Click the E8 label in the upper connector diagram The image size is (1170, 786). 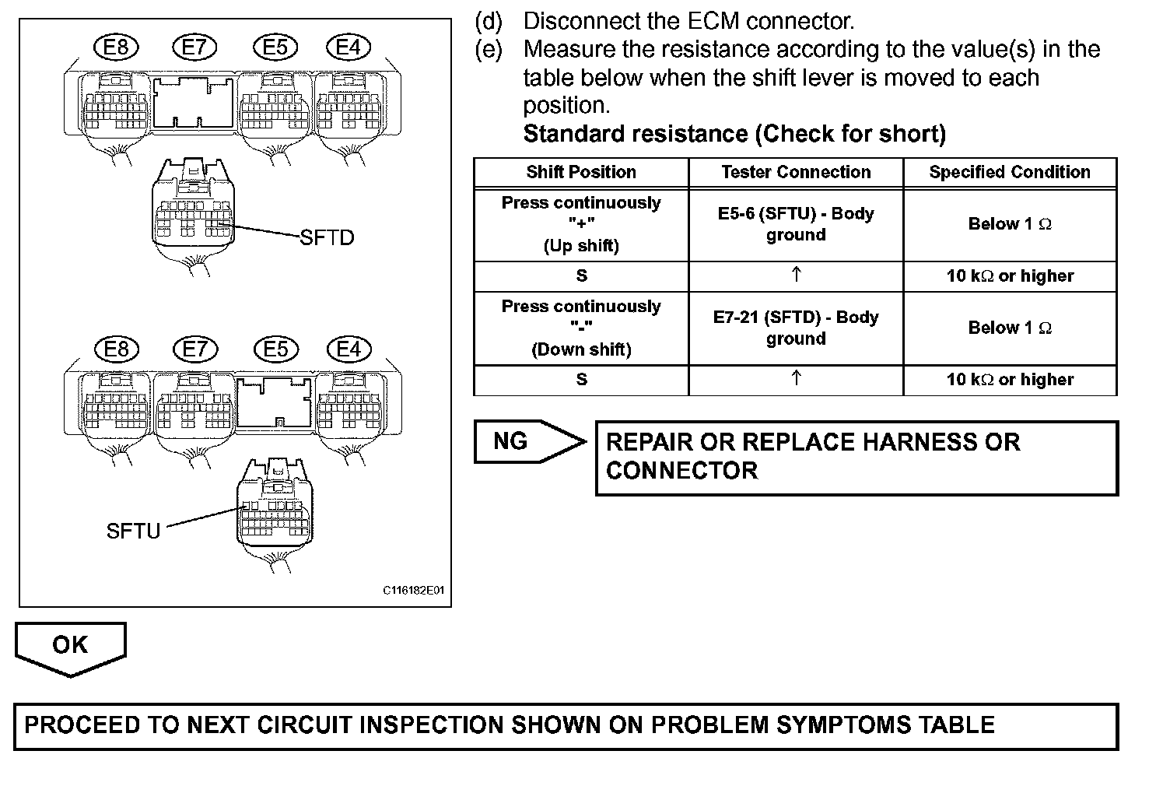pyautogui.click(x=116, y=48)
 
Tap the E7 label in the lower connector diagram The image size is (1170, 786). pyautogui.click(x=195, y=349)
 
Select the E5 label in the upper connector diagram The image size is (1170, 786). pyautogui.click(x=275, y=48)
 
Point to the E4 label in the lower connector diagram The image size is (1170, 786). pyautogui.click(x=348, y=349)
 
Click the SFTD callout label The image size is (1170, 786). pyautogui.click(x=327, y=237)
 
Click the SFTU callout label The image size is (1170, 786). pyautogui.click(x=133, y=532)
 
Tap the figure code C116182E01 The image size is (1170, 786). pyautogui.click(x=413, y=591)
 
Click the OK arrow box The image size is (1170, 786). pyautogui.click(x=70, y=646)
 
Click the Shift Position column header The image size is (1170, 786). pyautogui.click(x=581, y=172)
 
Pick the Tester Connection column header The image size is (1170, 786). pyautogui.click(x=796, y=172)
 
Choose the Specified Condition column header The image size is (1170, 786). pyautogui.click(x=1010, y=172)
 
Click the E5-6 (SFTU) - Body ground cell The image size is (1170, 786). pyautogui.click(x=796, y=224)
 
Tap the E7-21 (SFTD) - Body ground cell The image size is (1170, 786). pyautogui.click(x=796, y=328)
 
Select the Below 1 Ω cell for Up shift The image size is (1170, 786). pyautogui.click(x=1010, y=224)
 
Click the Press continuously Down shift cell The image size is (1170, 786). pyautogui.click(x=581, y=328)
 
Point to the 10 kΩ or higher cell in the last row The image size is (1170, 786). pyautogui.click(x=1010, y=380)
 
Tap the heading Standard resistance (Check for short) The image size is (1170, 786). pyautogui.click(x=734, y=134)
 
